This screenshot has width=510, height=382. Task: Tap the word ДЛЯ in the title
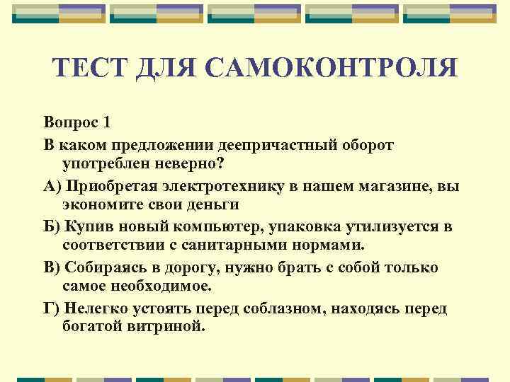[171, 68]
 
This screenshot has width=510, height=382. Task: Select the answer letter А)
[53, 186]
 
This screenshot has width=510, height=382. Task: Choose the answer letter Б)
[53, 227]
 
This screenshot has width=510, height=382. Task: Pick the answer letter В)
[53, 268]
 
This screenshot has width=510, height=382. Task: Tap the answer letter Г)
[52, 309]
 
